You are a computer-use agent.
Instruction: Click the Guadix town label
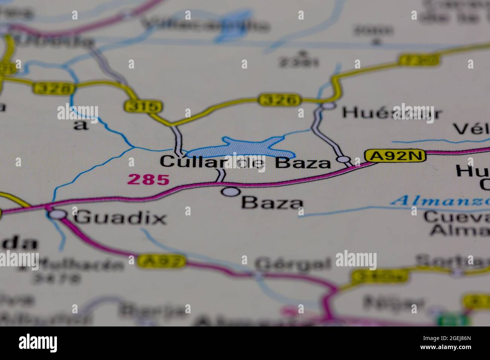click(x=120, y=218)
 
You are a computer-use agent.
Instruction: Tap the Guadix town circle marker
click(x=58, y=214)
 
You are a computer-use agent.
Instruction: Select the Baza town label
click(x=272, y=203)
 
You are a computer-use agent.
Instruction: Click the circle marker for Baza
click(x=231, y=192)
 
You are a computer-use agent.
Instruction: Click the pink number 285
click(x=148, y=180)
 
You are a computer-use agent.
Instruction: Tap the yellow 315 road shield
click(x=143, y=107)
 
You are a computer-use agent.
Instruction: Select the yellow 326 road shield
click(x=280, y=100)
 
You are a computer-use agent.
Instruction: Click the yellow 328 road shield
click(x=54, y=88)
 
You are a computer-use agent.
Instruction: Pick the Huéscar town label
click(x=392, y=113)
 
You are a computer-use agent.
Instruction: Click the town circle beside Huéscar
click(x=329, y=106)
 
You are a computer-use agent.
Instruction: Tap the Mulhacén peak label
click(x=81, y=265)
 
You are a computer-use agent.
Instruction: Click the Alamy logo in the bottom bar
click(x=38, y=343)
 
